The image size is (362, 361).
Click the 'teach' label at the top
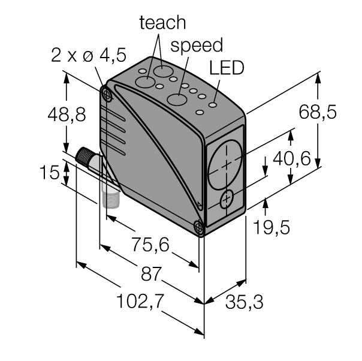[x=162, y=22]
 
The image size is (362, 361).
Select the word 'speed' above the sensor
[x=197, y=45]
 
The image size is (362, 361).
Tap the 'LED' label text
[x=227, y=68]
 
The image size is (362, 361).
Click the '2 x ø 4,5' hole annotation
[x=88, y=58]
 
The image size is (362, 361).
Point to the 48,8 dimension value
[x=67, y=115]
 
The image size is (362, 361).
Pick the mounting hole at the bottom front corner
[x=199, y=226]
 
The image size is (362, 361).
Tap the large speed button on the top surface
[x=176, y=100]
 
